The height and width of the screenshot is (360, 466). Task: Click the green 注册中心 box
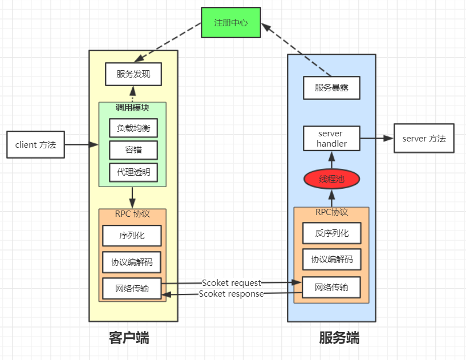coord(231,23)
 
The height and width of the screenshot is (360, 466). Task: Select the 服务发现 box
coord(133,74)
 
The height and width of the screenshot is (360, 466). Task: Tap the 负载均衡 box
coord(133,128)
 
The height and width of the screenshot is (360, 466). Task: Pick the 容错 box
coord(133,150)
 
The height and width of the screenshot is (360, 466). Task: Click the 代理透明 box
coord(133,172)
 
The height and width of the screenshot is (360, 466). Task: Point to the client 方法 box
coord(36,144)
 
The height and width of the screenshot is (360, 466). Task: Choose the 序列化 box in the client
coord(132,236)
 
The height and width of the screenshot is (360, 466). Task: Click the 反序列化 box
coord(332,233)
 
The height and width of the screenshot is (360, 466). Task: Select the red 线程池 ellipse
coord(331,179)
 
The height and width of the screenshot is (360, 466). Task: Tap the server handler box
coord(331,139)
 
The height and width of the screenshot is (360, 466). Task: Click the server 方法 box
coord(424,138)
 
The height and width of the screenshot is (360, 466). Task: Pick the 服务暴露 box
coord(331,88)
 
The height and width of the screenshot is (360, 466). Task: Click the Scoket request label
coord(232,283)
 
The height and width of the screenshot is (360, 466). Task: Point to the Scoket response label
coord(231,294)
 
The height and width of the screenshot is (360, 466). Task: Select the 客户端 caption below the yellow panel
coord(129,338)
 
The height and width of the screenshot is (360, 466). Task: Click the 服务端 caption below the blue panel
coord(339,338)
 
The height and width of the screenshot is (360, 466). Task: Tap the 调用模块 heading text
coord(132,108)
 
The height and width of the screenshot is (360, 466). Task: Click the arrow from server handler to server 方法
coord(377,138)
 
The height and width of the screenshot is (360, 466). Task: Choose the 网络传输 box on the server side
coord(331,288)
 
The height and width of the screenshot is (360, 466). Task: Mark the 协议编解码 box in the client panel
coord(132,262)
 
